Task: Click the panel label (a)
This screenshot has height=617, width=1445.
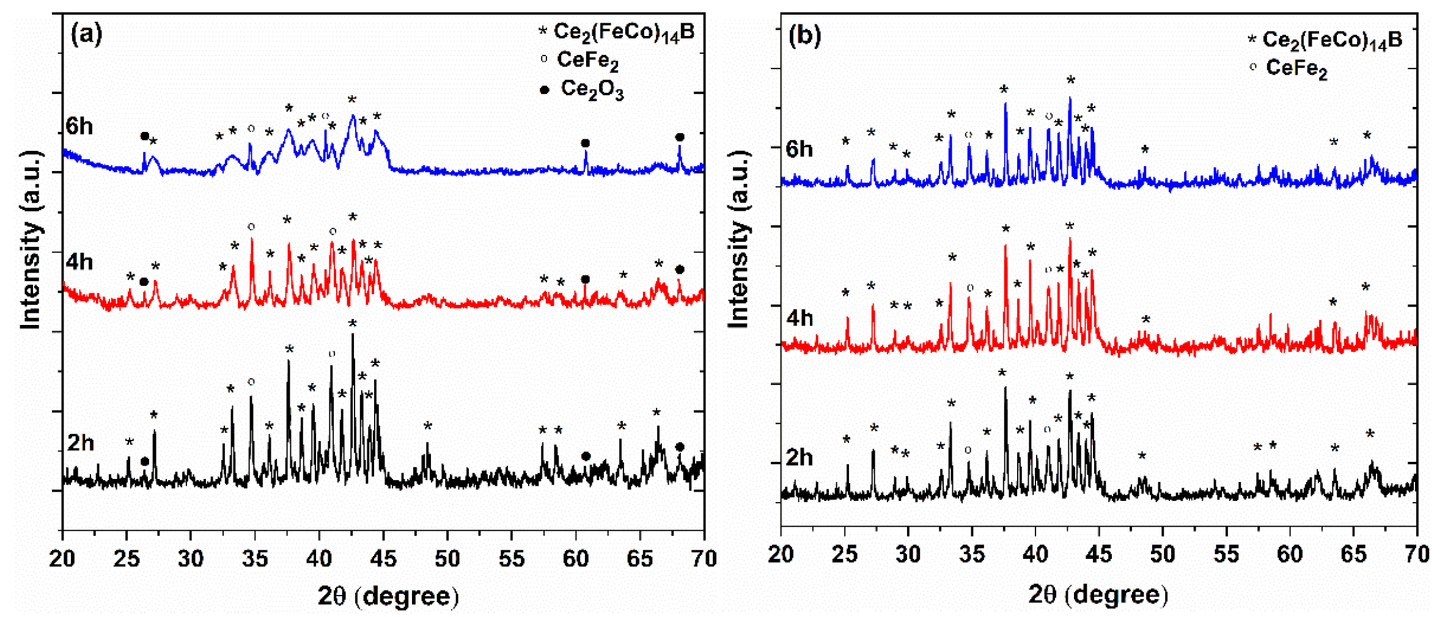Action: [x=87, y=34]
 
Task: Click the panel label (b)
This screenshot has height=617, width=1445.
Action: [x=804, y=36]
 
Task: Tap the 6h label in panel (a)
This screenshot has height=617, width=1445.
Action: [x=79, y=126]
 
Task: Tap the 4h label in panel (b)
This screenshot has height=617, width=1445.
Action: [x=800, y=318]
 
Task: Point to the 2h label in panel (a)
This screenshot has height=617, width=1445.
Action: [x=81, y=442]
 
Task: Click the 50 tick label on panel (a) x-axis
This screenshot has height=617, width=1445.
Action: [x=447, y=558]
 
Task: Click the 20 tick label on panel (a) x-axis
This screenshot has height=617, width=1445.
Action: [x=62, y=558]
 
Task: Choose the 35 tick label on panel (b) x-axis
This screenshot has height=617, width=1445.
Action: [x=971, y=555]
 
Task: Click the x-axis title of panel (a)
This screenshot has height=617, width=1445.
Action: [x=388, y=596]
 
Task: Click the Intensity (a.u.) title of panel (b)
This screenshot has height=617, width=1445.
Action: [x=738, y=240]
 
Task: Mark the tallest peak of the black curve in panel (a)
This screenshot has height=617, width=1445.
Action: [x=353, y=335]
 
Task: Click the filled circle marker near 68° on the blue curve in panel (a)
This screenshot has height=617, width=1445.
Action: [x=680, y=137]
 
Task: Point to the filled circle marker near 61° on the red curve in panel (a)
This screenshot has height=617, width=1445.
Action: [x=585, y=279]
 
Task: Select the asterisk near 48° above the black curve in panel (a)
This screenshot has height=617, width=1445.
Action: [x=428, y=426]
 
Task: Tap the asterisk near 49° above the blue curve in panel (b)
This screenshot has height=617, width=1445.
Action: [x=1145, y=150]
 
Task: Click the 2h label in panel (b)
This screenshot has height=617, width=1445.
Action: [x=800, y=457]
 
